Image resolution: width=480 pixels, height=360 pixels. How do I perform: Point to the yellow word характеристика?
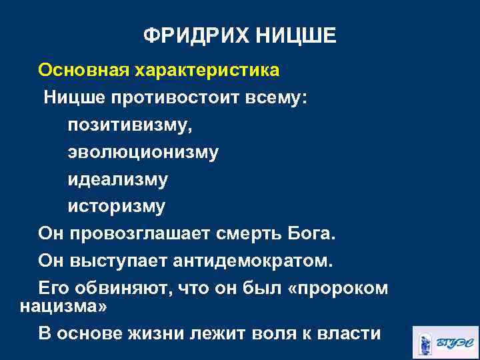(x=208, y=70)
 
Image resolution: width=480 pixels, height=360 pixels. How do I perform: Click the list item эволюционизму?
(x=143, y=153)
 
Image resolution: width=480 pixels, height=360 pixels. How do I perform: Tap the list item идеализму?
(x=117, y=180)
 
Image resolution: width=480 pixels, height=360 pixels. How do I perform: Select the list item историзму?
(x=116, y=207)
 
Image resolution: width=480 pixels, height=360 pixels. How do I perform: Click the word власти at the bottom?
(x=348, y=333)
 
